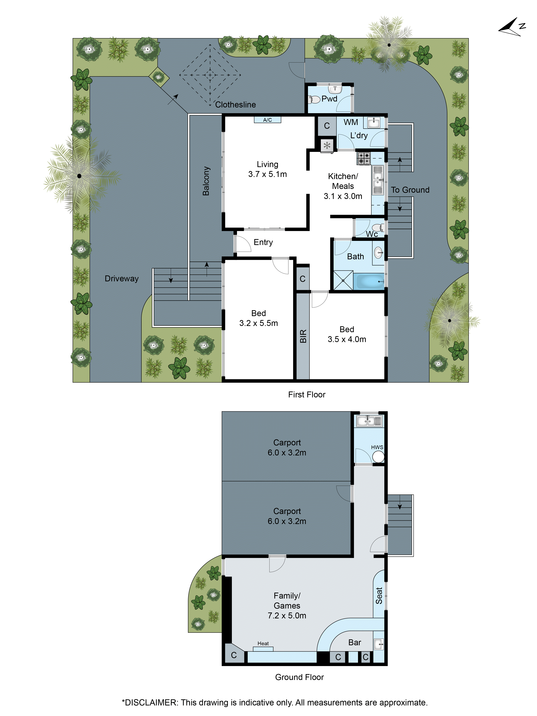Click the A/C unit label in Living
click(267, 120)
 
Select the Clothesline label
click(236, 105)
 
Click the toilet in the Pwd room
click(314, 99)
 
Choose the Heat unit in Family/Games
click(263, 648)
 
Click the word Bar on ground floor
click(355, 643)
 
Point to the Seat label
click(379, 596)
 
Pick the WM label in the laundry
click(351, 122)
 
